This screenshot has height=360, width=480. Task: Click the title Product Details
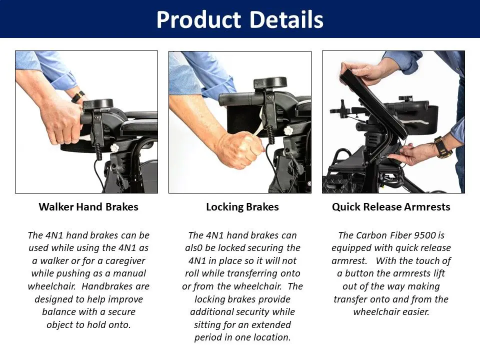[239, 19]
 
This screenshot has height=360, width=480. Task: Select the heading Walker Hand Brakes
[88, 207]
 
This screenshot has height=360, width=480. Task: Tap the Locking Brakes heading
[242, 207]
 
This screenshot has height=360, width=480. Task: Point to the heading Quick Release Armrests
[391, 207]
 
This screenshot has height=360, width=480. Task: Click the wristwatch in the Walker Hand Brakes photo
[78, 96]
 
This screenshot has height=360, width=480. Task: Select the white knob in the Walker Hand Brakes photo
[114, 148]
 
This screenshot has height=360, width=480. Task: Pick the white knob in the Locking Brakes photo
[288, 131]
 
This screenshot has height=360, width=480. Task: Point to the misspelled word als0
[193, 247]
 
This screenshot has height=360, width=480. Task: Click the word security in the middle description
[255, 312]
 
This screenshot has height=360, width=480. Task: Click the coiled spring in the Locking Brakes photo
[270, 134]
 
